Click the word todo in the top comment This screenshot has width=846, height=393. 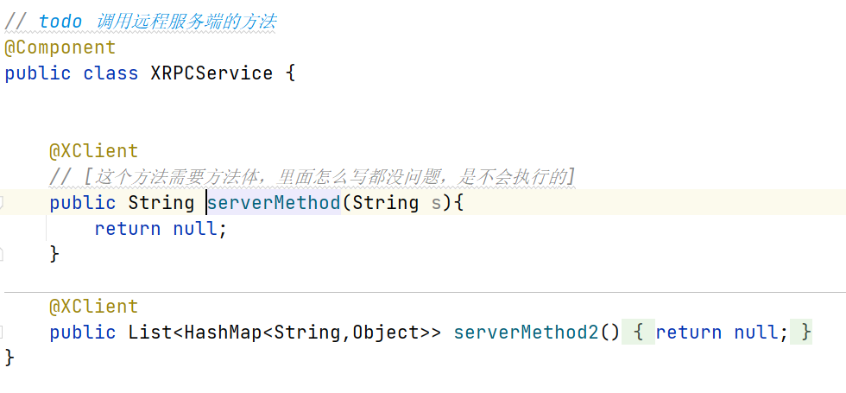tap(60, 21)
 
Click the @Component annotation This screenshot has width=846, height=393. tap(60, 47)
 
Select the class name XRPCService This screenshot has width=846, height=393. tap(211, 73)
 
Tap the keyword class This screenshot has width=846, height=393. tap(110, 73)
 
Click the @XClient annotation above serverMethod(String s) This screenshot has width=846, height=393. tap(93, 151)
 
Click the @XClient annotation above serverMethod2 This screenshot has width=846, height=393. tap(93, 307)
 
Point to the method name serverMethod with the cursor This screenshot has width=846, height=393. tap(274, 203)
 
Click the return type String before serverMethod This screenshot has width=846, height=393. tap(161, 203)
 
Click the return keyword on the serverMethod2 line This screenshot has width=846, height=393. tap(688, 333)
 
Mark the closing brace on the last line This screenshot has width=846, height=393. tap(9, 357)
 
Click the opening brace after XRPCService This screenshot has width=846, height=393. tap(290, 73)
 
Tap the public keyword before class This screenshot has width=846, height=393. tap(38, 73)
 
